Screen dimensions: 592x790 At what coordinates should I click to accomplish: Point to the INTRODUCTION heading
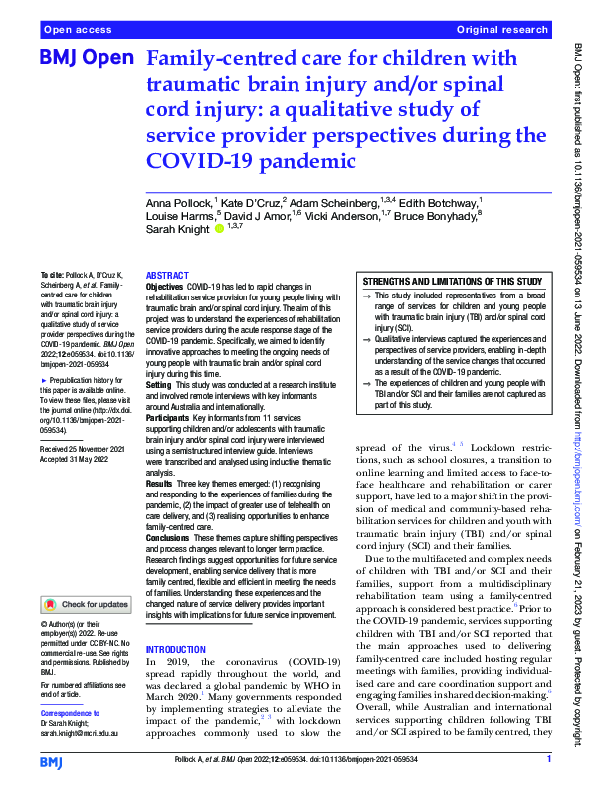point(176,648)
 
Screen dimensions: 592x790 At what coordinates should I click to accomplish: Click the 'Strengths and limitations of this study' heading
point(453,282)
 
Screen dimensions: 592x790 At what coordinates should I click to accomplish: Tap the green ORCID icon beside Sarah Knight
point(219,228)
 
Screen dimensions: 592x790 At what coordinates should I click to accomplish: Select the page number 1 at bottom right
point(549,759)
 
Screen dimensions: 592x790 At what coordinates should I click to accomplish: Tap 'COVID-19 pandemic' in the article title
point(249,160)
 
